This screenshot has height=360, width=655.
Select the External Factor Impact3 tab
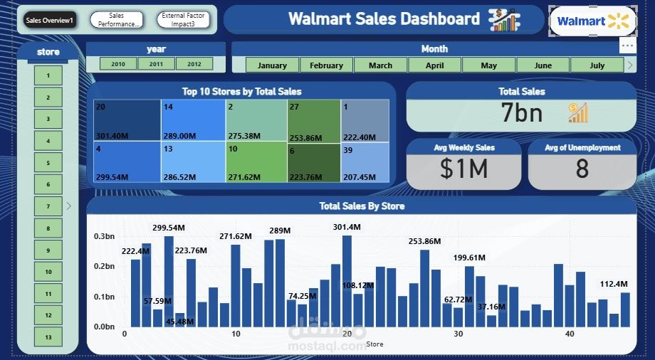tap(183, 20)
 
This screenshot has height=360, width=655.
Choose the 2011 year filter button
tap(156, 64)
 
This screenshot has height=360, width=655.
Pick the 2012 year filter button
tap(194, 64)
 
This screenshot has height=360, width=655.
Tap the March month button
tap(380, 65)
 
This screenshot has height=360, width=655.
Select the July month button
tap(597, 65)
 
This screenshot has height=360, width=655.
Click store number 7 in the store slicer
tap(48, 206)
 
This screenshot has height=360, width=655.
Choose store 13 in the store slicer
tap(48, 337)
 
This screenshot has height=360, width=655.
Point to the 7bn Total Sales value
tap(522, 113)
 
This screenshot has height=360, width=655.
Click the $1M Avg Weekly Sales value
tap(463, 169)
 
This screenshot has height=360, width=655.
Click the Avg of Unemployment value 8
tap(582, 169)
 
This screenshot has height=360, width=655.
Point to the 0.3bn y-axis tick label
tap(104, 236)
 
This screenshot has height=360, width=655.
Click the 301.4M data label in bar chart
tap(347, 227)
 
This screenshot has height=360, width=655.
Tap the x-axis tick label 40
tap(570, 334)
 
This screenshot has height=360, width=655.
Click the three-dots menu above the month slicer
tap(627, 46)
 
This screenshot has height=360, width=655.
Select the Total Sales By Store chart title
tap(362, 206)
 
